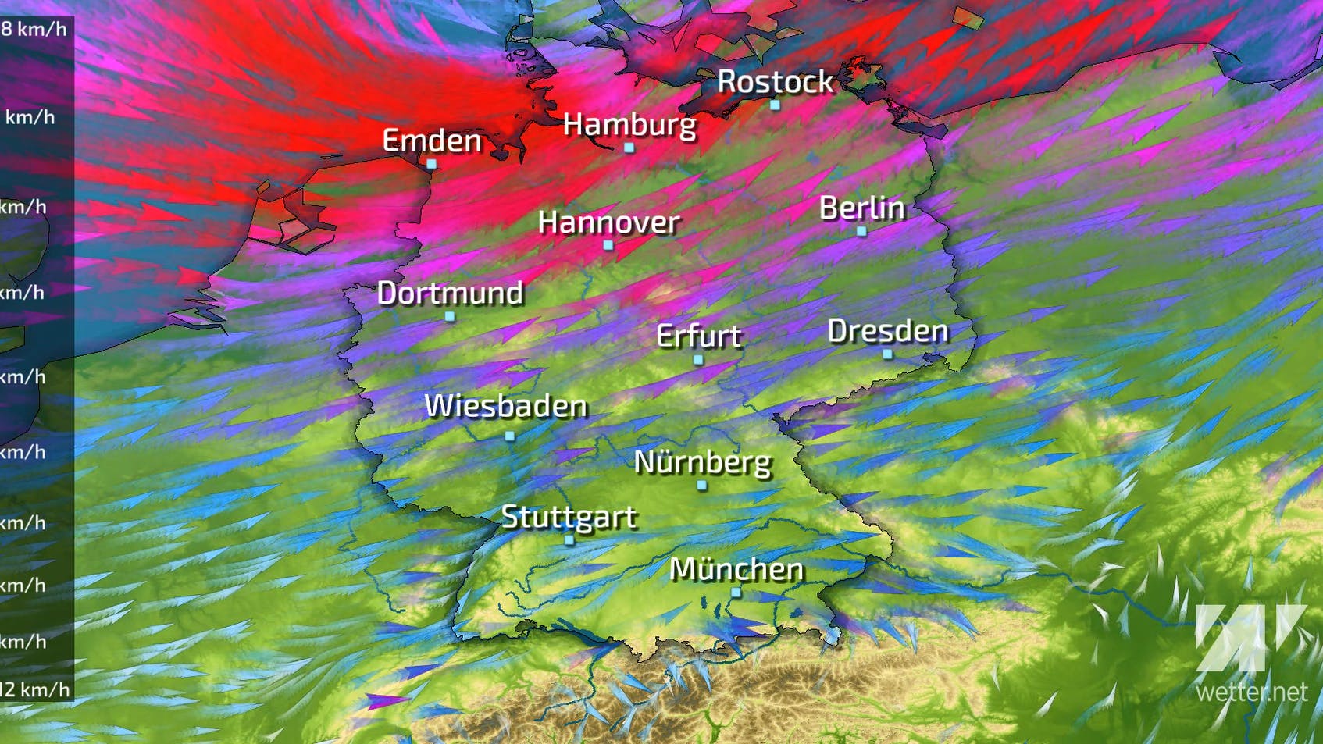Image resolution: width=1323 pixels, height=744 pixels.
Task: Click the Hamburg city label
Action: point(629,125)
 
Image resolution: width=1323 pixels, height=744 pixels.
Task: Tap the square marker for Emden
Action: point(431,164)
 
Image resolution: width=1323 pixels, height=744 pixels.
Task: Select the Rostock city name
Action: point(775,82)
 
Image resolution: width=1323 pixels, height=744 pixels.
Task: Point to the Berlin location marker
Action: point(861,231)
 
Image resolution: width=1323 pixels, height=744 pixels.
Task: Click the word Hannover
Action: point(608,222)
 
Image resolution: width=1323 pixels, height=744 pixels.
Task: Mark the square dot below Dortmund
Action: point(450,316)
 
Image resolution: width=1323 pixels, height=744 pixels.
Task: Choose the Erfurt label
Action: point(698,336)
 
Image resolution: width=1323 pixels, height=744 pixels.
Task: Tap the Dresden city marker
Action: point(887,354)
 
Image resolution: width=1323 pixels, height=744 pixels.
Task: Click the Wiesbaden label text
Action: point(505,406)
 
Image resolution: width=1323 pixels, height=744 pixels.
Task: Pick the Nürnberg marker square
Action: point(701,486)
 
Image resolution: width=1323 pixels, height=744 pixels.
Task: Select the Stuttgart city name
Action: point(569,517)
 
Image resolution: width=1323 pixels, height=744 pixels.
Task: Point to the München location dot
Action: point(736,593)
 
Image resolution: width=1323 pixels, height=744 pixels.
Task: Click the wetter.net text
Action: point(1251,692)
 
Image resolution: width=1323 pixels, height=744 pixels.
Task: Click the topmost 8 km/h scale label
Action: point(34,30)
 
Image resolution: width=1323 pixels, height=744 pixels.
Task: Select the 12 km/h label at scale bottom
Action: point(35,689)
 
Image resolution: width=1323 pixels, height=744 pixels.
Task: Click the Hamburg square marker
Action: point(629,148)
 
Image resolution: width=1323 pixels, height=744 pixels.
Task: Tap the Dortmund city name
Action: point(450,294)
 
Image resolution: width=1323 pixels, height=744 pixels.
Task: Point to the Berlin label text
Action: point(861,208)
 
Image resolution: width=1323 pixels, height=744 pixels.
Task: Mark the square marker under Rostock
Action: point(775,105)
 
